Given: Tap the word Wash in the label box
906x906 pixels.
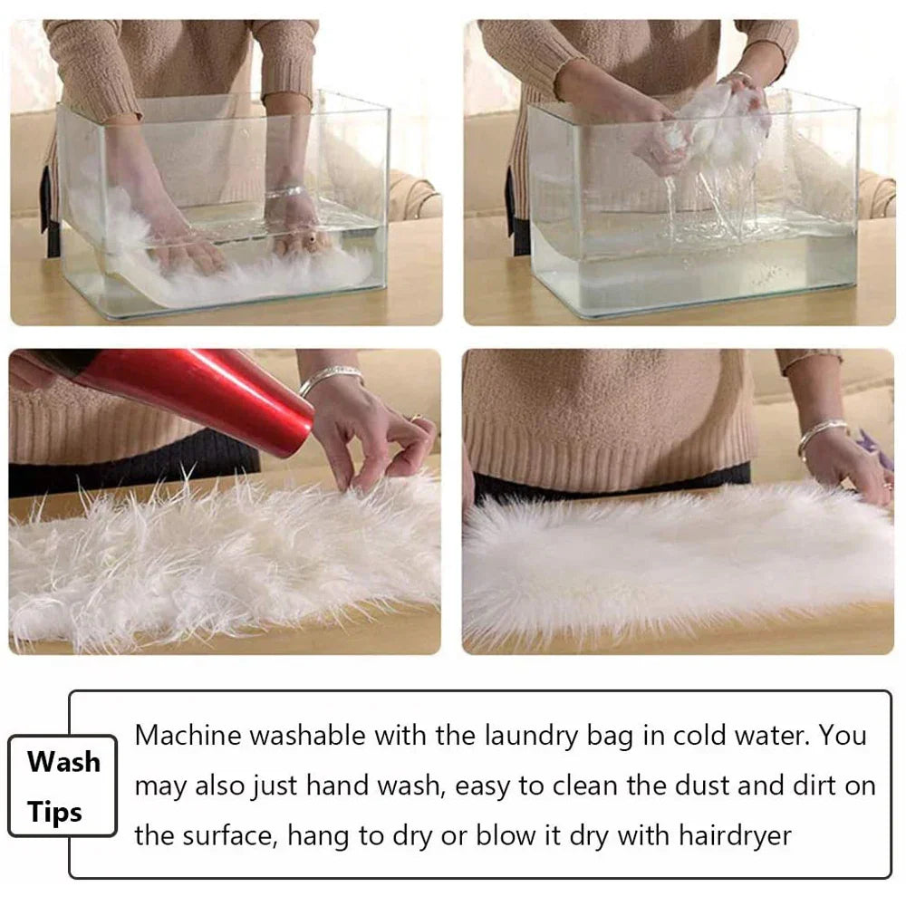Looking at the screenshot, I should pos(63,761).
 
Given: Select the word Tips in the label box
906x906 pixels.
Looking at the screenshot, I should pos(55,812).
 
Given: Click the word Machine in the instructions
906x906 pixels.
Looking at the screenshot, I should pos(188,735).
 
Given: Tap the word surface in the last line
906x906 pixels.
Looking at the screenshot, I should pos(226,834).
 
